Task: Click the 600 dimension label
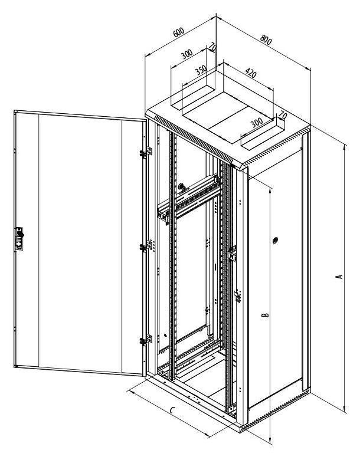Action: [x=179, y=32]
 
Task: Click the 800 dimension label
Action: [x=266, y=40]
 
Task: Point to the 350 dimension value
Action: [x=201, y=70]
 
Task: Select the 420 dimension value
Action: [x=250, y=73]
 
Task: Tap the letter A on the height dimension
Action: [x=339, y=277]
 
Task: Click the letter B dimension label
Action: [x=265, y=315]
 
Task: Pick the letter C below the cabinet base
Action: [x=173, y=409]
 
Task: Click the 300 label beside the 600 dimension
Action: [x=186, y=54]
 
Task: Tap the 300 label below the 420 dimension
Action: [x=257, y=123]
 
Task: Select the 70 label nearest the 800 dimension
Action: [x=212, y=47]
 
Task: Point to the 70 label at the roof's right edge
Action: [x=283, y=115]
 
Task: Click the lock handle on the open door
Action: [x=19, y=238]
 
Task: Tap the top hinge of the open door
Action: [x=146, y=152]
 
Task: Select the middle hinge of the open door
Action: [x=146, y=246]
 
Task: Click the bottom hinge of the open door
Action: [x=146, y=340]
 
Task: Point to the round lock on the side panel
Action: [x=275, y=240]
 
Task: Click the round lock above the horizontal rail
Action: [x=181, y=186]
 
